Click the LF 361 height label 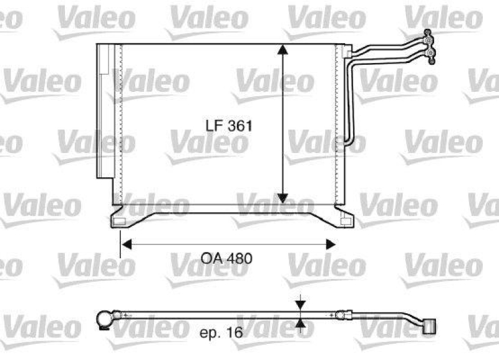(229, 125)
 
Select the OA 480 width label (226, 258)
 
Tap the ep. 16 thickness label (220, 334)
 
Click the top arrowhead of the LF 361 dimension (283, 50)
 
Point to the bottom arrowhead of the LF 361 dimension (283, 198)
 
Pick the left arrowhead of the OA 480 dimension (126, 245)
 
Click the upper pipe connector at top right (428, 41)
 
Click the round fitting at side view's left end (105, 319)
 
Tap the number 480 (240, 258)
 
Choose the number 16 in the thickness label (235, 334)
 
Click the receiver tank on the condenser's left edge (104, 112)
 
